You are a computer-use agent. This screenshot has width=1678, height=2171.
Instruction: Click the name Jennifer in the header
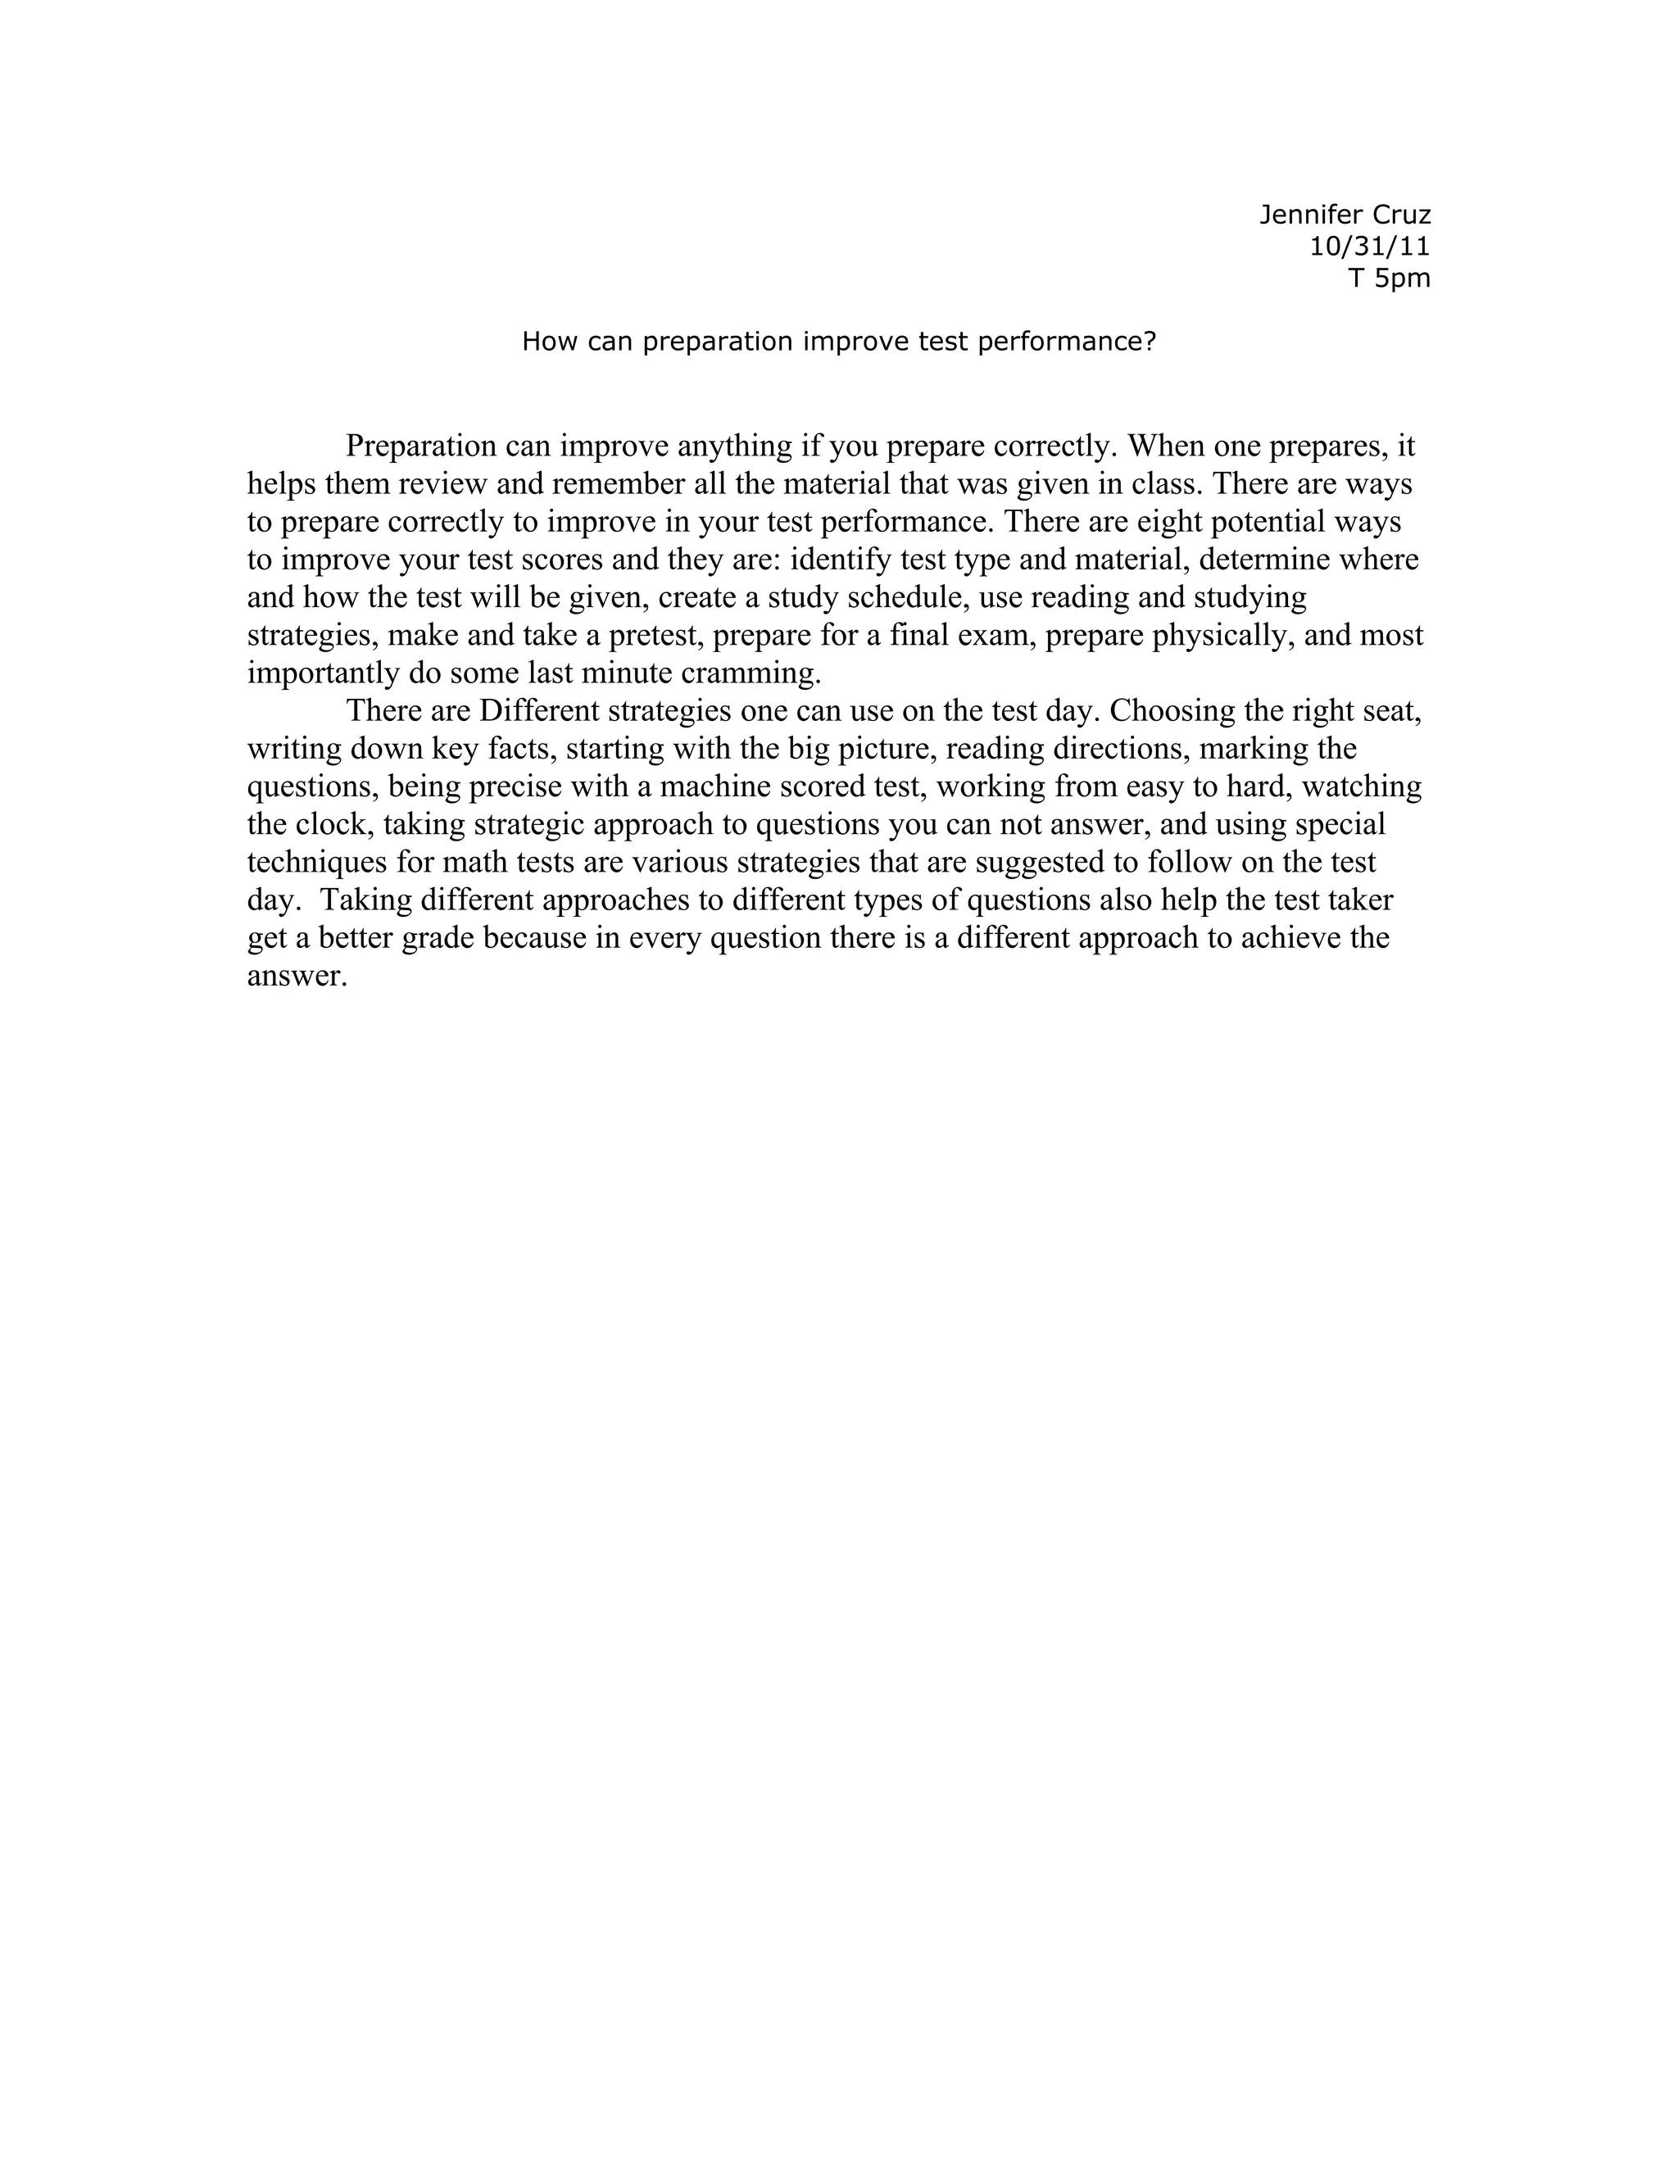point(1305,215)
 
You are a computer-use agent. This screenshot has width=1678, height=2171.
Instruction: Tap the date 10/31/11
point(1370,247)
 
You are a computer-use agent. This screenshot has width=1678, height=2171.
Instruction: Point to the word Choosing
point(1170,711)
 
